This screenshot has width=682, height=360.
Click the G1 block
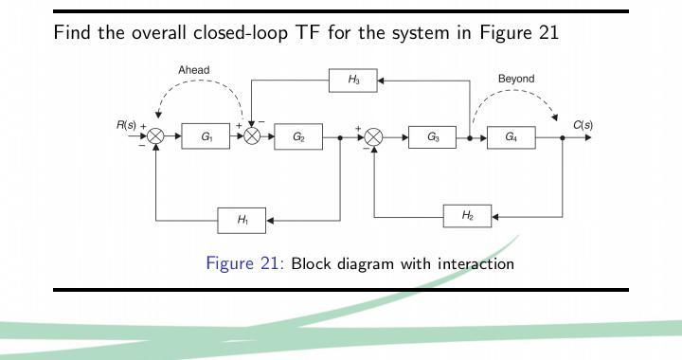tap(206, 137)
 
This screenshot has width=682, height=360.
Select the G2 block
tap(298, 137)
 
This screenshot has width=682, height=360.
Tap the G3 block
tap(433, 137)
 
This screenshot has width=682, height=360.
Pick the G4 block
tap(511, 137)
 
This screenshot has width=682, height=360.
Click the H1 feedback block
tap(242, 221)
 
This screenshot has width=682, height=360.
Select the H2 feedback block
tap(468, 216)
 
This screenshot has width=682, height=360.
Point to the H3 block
tap(352, 81)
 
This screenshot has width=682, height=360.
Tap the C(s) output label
tap(583, 125)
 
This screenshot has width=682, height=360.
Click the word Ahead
tap(193, 70)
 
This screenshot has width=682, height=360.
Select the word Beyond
tap(516, 79)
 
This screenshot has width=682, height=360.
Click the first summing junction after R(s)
tap(156, 137)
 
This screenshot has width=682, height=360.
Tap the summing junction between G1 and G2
tap(252, 137)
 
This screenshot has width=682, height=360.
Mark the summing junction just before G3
tap(374, 137)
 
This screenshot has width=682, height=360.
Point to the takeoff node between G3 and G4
tap(471, 137)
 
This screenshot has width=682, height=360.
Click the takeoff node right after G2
tap(340, 137)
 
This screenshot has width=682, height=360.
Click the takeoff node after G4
tap(563, 137)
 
